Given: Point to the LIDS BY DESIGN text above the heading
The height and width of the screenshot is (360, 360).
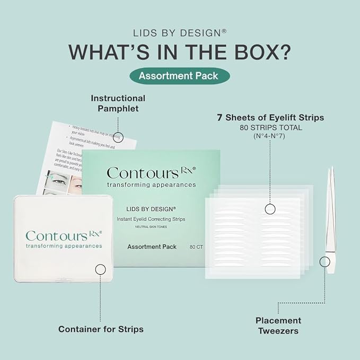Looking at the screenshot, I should (x=180, y=32).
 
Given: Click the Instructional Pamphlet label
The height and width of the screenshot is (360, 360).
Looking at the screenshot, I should (x=118, y=103).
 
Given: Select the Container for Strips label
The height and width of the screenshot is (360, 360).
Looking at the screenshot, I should (x=101, y=329).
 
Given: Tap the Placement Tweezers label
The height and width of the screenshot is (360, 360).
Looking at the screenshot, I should (x=278, y=326).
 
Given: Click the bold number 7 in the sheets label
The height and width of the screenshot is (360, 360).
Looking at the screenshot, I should (x=219, y=118).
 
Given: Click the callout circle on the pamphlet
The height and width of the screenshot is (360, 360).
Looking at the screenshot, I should (x=119, y=136).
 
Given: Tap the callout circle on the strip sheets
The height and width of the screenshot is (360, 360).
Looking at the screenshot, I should (x=269, y=209).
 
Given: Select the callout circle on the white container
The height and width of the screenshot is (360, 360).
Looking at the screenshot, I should (x=101, y=269).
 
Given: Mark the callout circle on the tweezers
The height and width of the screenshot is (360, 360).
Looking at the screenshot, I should (x=324, y=261).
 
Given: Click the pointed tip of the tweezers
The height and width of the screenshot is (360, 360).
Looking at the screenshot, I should (x=330, y=169).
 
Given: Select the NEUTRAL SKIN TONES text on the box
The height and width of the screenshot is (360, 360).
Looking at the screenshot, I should (x=151, y=227).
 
